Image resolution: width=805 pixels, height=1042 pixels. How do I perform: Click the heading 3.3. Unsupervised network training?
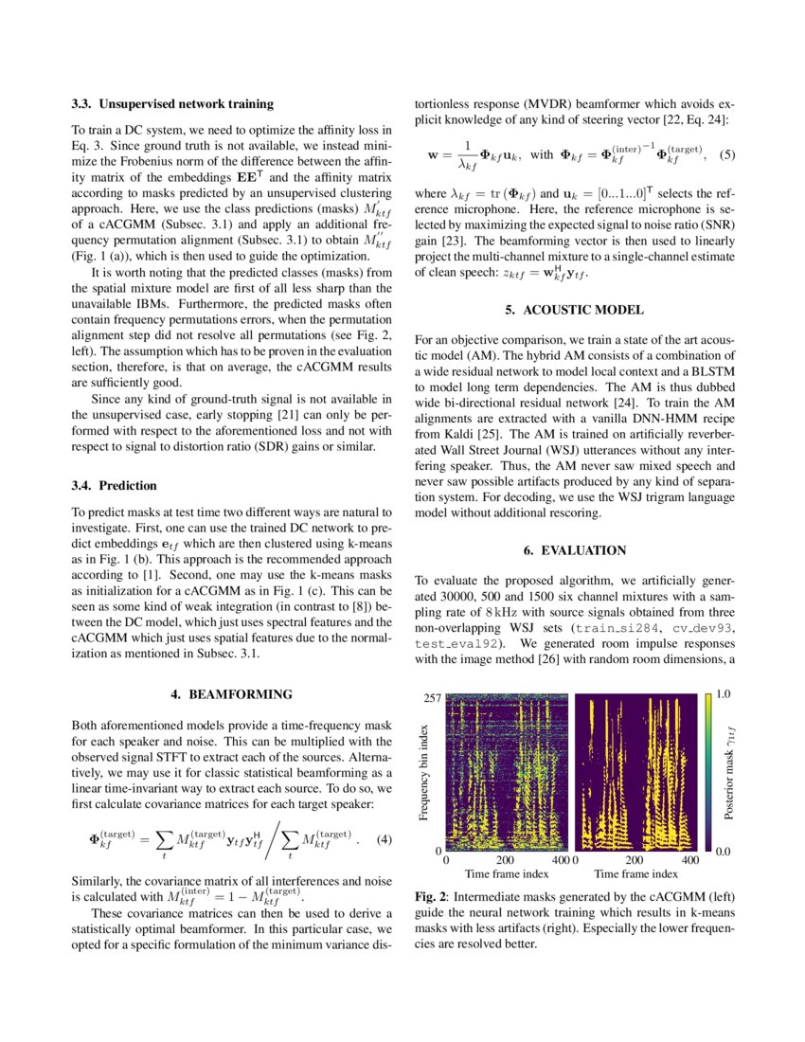coord(172,103)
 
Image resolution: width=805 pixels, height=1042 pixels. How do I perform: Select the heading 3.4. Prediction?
coord(114,486)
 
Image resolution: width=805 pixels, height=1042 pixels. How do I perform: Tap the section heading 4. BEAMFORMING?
coord(230,694)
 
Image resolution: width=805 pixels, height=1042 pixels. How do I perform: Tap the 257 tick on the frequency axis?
coord(433,698)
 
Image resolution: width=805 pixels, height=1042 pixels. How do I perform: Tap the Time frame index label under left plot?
coord(507,873)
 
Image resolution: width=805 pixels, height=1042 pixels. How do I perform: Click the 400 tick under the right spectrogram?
coord(689,859)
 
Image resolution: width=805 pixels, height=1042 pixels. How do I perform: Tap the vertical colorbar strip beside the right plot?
coord(708,771)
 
